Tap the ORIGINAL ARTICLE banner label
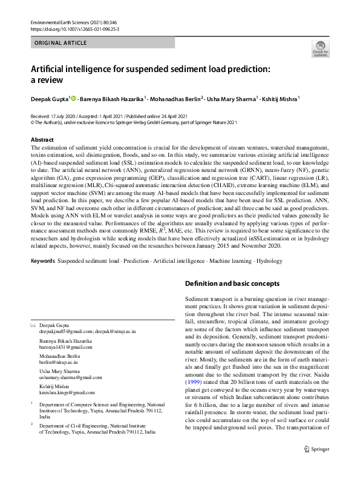(61, 43)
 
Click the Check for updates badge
(319, 49)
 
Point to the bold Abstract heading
(42, 140)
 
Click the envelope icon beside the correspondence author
(33, 326)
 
